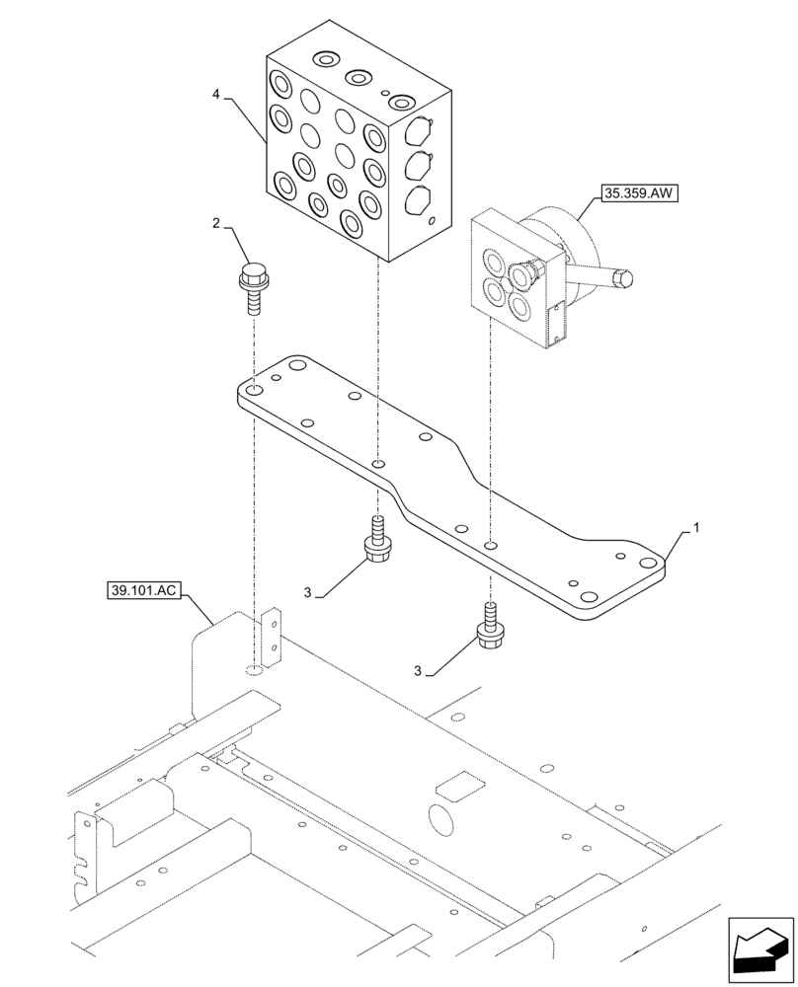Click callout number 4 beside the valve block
tap(215, 96)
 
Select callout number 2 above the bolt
tap(216, 225)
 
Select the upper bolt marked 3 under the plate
tap(376, 542)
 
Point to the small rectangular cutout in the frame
tap(461, 787)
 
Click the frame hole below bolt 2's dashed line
tap(254, 670)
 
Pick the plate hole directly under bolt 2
tap(254, 392)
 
